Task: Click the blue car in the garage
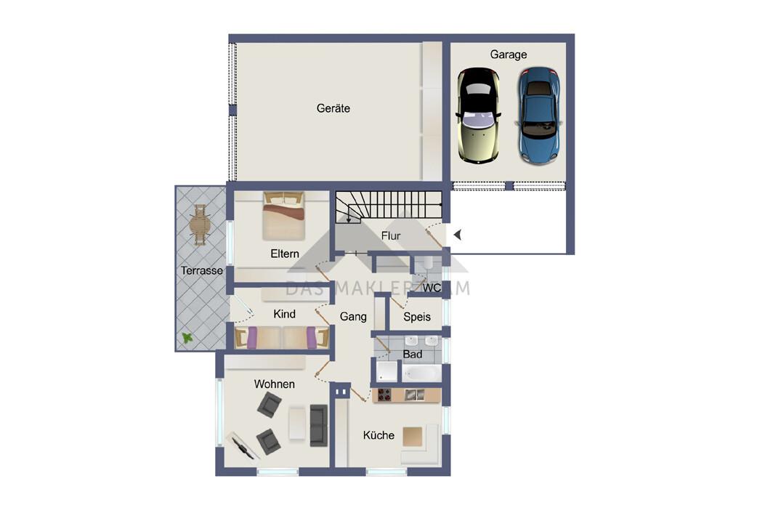tap(539, 116)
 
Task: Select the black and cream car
tap(478, 116)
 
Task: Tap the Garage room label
tap(509, 54)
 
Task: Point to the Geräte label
tap(333, 108)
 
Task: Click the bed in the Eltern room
tap(284, 216)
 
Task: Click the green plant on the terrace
tap(187, 337)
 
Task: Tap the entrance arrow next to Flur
tap(458, 235)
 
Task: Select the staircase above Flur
tap(389, 206)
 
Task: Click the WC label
tap(432, 288)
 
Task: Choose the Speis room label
tap(417, 317)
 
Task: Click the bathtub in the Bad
tap(421, 373)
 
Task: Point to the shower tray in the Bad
tap(386, 371)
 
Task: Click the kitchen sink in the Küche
tap(415, 395)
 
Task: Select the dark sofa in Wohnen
tap(319, 425)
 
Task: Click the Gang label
tap(353, 317)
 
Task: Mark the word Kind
tap(284, 314)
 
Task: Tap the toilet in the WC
tap(427, 264)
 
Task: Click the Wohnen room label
tap(274, 384)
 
